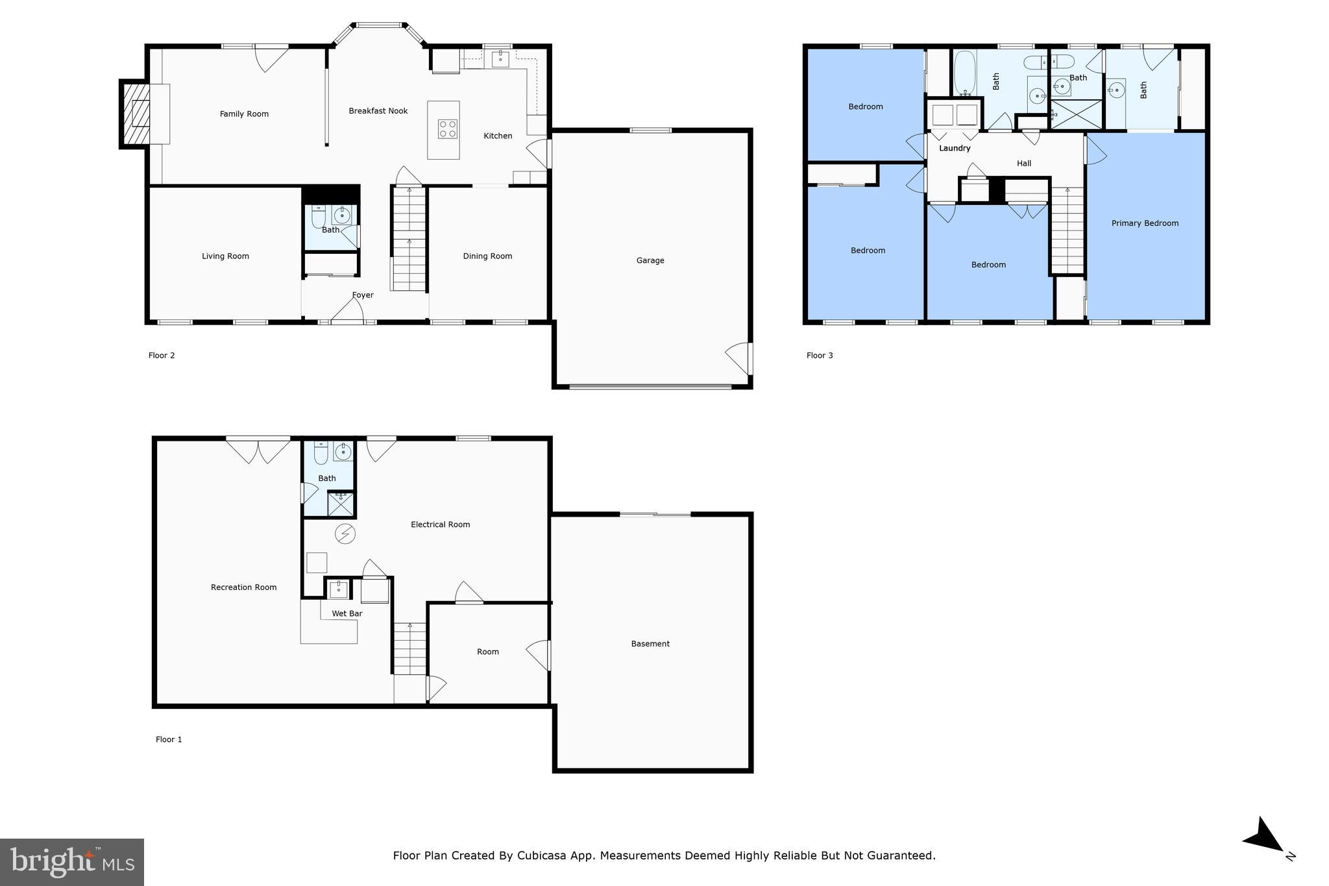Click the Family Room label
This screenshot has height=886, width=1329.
coord(244,114)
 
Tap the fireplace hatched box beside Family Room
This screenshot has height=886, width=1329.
coord(136,114)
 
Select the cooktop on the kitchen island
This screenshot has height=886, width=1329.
coord(447,129)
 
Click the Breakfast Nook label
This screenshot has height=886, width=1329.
coord(378,111)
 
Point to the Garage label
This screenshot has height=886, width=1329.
coord(650,260)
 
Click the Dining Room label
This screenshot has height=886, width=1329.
coord(487,256)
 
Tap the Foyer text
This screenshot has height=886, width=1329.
coord(363,295)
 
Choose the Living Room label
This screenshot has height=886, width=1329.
coord(225,256)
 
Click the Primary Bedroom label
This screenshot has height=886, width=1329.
coord(1145,223)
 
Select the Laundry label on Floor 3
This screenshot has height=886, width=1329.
coord(955,149)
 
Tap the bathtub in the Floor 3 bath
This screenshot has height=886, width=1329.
coord(965,73)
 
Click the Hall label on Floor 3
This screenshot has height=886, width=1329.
coord(1024,164)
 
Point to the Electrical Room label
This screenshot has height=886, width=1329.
coord(440,524)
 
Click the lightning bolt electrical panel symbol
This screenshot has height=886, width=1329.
coord(345,534)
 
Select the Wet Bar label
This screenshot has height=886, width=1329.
coord(347,613)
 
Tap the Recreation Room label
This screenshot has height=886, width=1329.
coord(243,587)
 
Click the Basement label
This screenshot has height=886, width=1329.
coord(650,644)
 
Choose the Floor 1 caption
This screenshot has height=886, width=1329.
coord(169,739)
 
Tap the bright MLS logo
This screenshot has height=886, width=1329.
coord(72,862)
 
